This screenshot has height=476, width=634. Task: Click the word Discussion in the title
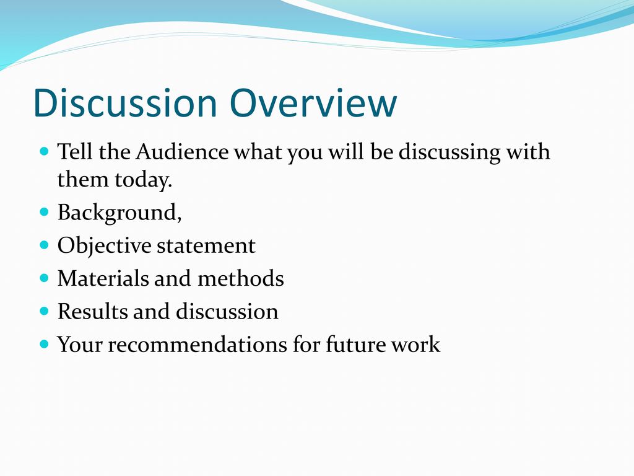point(125,103)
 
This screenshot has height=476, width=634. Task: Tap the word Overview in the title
point(313,103)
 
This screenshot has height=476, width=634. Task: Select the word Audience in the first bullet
point(182,152)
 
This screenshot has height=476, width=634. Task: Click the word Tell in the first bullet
point(75,152)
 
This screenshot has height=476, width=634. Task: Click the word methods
point(241,279)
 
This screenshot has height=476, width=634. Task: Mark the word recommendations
point(198,345)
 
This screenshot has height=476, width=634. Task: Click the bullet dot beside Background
point(45,212)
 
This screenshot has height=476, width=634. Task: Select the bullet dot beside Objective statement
point(45,245)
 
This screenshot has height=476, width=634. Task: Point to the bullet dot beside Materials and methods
point(45,278)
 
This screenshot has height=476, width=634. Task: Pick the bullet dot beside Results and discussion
point(45,311)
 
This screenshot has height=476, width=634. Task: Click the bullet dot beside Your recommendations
point(45,345)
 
